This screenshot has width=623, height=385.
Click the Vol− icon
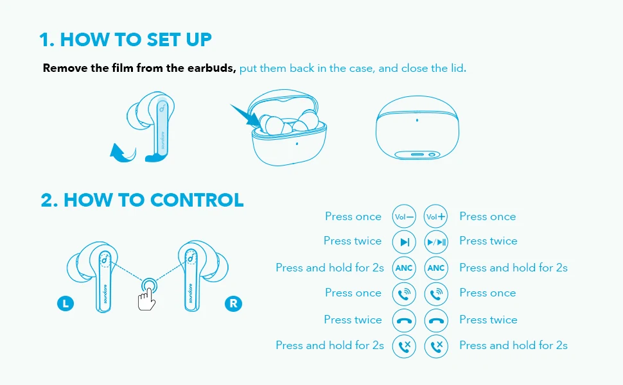(x=404, y=217)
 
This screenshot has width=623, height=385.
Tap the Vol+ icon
(x=436, y=217)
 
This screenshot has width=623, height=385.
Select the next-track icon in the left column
(x=404, y=242)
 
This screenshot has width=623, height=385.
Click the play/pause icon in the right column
(x=436, y=242)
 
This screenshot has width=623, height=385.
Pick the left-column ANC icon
(x=404, y=268)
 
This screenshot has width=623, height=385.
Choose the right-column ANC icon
(x=436, y=268)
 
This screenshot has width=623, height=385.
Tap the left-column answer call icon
(x=404, y=294)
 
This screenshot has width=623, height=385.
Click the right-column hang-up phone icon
(x=436, y=320)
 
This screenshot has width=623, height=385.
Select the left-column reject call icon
(x=404, y=346)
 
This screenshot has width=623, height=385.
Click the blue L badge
(x=66, y=304)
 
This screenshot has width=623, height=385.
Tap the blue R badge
(x=233, y=304)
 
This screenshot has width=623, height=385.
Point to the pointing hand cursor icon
(x=146, y=299)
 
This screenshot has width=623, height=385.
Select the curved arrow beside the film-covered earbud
(x=123, y=154)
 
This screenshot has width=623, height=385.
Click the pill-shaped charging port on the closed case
(x=417, y=155)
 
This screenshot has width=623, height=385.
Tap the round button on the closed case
(x=432, y=155)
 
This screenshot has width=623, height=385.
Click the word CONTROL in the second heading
(x=197, y=200)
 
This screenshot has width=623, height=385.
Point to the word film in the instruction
(x=122, y=68)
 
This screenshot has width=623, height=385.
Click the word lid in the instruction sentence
(x=458, y=68)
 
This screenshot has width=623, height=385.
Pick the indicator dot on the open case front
(x=297, y=144)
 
